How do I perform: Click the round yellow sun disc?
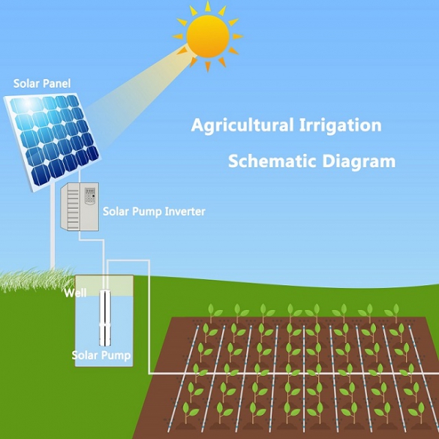click(x=208, y=37)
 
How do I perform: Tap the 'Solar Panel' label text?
click(x=42, y=83)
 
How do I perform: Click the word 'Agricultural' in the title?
click(x=242, y=125)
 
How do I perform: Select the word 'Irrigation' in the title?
click(x=341, y=125)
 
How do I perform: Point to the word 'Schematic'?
click(x=272, y=161)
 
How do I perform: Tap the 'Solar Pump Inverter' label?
click(x=154, y=212)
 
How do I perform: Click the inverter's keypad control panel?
click(x=90, y=195)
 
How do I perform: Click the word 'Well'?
click(x=75, y=293)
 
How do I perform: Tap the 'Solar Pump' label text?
click(x=101, y=355)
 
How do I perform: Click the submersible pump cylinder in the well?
click(x=105, y=317)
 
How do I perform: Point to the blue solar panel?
click(x=52, y=141)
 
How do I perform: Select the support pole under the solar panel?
click(x=53, y=227)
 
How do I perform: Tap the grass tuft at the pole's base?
click(x=37, y=279)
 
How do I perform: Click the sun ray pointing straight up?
click(x=208, y=7)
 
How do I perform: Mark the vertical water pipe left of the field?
click(x=149, y=317)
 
